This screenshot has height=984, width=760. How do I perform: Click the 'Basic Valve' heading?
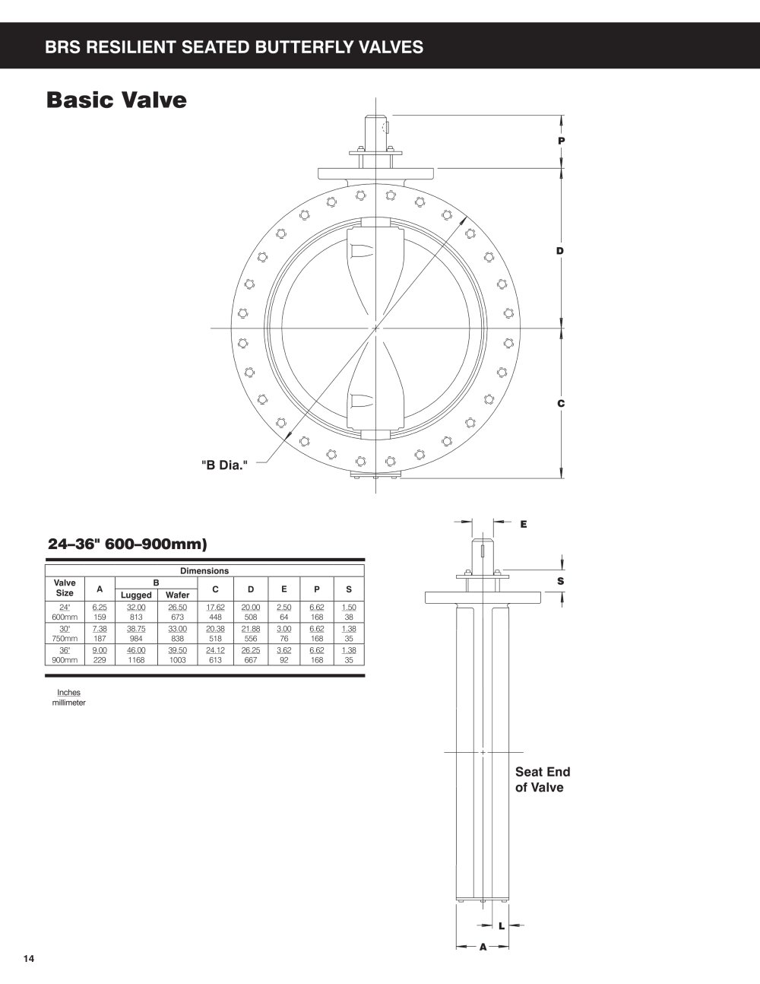(x=116, y=100)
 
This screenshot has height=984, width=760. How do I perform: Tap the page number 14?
(x=29, y=958)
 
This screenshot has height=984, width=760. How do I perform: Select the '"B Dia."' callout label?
(x=224, y=465)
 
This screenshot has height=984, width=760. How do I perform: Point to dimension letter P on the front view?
(x=562, y=141)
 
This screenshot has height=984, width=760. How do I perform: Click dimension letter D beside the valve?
(x=560, y=250)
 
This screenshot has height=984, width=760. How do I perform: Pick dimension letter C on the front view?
(x=561, y=403)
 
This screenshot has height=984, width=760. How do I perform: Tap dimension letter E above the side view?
(x=524, y=524)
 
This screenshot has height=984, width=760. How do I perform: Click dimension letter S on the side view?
(x=561, y=581)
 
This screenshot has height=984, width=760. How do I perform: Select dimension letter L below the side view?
(x=502, y=926)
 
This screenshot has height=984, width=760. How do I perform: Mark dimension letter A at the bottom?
(x=483, y=947)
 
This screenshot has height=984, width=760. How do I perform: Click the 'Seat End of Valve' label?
(x=543, y=779)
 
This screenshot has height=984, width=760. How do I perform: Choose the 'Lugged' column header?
(x=136, y=595)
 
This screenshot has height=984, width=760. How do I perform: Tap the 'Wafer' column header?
(x=177, y=595)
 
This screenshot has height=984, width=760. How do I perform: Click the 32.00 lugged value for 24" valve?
(x=136, y=608)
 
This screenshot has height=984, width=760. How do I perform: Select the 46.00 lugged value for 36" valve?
(x=136, y=650)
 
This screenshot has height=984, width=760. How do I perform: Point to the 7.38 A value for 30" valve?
(x=100, y=629)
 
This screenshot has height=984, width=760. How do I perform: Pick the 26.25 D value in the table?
(x=251, y=650)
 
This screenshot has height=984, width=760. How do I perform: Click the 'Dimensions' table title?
(x=204, y=571)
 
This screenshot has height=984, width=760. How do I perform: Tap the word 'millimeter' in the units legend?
(x=68, y=703)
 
